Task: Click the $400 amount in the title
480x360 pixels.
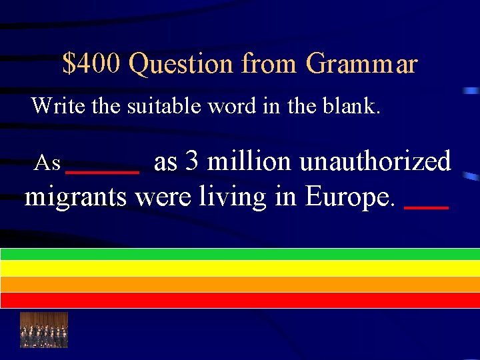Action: pos(91,64)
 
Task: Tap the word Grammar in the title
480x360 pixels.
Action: pos(362,65)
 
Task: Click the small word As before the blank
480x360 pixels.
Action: pos(48,163)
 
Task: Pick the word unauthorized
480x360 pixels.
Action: pos(375,161)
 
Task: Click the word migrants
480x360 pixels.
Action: pos(75,197)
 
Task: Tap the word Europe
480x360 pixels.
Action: pos(351,197)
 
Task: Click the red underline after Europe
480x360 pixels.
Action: pos(427,208)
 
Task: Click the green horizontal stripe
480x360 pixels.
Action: pos(240,254)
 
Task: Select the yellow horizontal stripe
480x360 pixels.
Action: pos(240,268)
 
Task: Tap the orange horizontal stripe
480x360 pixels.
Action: pos(240,284)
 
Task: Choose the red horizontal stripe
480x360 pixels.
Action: pos(240,300)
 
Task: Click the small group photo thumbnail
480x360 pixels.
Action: pos(44,329)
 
